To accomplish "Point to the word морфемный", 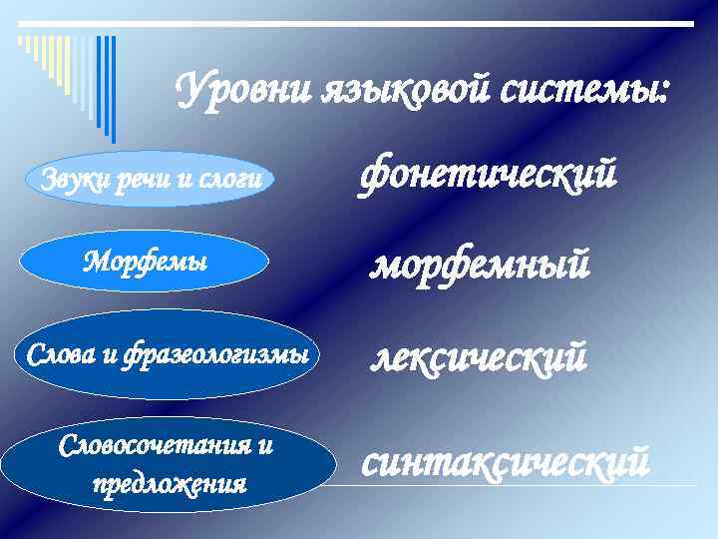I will pos(481,265).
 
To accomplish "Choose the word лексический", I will pos(478,355).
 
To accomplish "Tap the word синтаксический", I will pos(505,461).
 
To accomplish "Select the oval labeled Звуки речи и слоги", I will pos(150,180).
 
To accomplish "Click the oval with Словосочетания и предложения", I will pos(168,465).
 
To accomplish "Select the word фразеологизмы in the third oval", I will pos(212,354).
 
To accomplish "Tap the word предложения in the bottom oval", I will pos(168,484).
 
